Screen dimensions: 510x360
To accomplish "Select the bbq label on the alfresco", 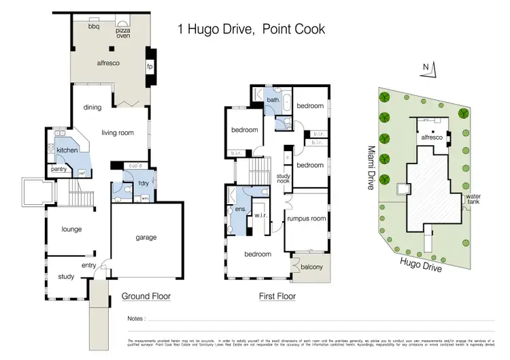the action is pyautogui.click(x=95, y=27).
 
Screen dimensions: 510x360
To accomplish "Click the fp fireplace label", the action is pyautogui.click(x=150, y=67).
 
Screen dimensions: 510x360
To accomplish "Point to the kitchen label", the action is pyautogui.click(x=67, y=150).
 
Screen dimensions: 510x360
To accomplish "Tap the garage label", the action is pyautogui.click(x=146, y=238).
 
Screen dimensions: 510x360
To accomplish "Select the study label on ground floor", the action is pyautogui.click(x=65, y=276).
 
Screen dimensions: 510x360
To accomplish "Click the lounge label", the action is pyautogui.click(x=71, y=229).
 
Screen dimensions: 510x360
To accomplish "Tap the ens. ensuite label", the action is pyautogui.click(x=240, y=210).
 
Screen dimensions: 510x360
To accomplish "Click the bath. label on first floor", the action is pyautogui.click(x=273, y=100).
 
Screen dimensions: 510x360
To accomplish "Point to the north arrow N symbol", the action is pyautogui.click(x=426, y=67).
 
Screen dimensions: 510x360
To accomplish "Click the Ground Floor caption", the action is pyautogui.click(x=146, y=297).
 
